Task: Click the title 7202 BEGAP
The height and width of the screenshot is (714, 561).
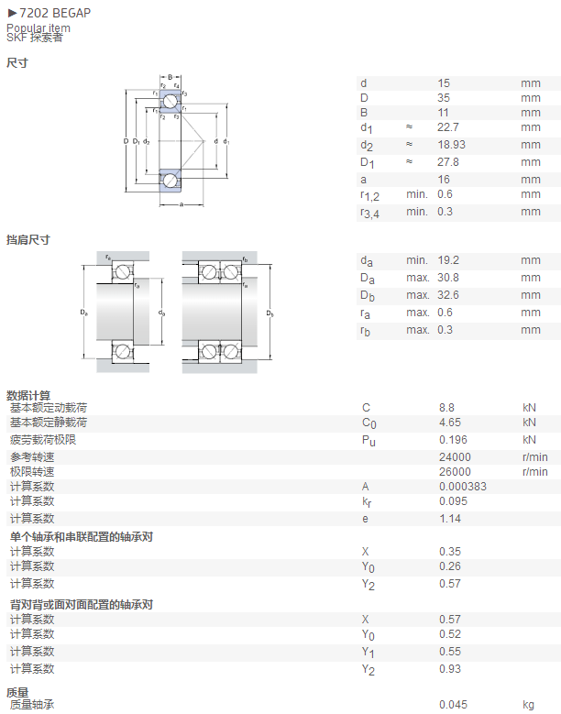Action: [55, 13]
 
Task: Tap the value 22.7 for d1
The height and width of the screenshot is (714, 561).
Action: [448, 127]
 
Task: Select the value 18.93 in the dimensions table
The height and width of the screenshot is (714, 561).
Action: [451, 145]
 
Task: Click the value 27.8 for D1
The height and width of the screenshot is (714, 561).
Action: [448, 162]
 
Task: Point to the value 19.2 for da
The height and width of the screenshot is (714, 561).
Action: [448, 260]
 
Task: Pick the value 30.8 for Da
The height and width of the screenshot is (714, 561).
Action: [448, 278]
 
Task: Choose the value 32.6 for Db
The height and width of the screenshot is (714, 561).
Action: [448, 295]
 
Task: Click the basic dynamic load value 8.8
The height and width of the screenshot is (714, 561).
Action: [446, 408]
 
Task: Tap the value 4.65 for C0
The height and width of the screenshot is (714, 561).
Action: [450, 423]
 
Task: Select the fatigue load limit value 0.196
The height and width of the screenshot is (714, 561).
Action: [453, 440]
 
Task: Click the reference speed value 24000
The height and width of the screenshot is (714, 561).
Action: [455, 457]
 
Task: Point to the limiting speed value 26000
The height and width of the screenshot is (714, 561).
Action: [455, 472]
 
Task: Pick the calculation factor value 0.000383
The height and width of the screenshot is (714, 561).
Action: [463, 487]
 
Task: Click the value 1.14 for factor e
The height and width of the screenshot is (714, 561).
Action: [450, 519]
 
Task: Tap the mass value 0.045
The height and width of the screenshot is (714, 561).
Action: [453, 705]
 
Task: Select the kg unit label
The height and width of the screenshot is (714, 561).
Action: [528, 705]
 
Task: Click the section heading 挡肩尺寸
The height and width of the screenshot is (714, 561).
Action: [28, 239]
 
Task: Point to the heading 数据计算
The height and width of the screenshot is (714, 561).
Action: [28, 395]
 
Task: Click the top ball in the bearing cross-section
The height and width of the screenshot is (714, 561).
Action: [170, 102]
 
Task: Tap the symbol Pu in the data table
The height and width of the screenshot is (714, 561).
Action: [368, 440]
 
